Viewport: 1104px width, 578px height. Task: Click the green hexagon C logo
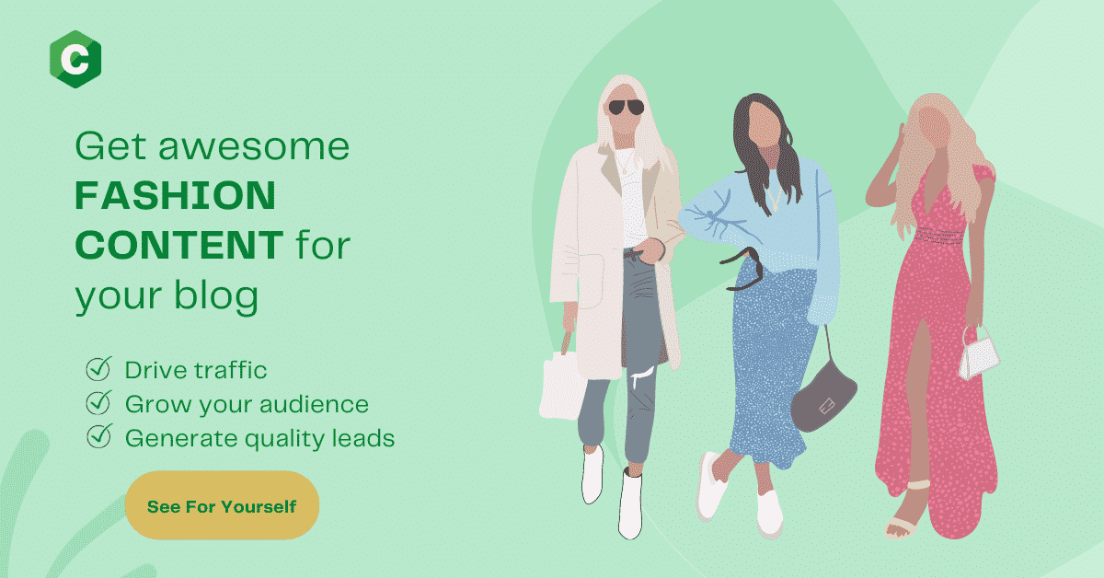[75, 59]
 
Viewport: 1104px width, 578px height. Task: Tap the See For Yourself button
[223, 505]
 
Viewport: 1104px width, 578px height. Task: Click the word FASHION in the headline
[175, 195]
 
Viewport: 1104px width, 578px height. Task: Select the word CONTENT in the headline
[178, 245]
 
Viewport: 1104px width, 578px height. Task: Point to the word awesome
[254, 147]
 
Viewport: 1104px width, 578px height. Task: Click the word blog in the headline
[216, 295]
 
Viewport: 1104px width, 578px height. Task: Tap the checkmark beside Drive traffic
[98, 368]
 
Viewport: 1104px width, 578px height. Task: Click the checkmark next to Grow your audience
[98, 402]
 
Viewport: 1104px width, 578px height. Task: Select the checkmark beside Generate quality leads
[98, 436]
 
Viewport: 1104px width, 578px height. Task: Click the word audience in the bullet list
[314, 404]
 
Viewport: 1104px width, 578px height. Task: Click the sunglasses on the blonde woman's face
[626, 107]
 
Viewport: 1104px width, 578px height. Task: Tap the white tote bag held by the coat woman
[562, 382]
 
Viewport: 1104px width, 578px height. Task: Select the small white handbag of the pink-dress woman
[978, 355]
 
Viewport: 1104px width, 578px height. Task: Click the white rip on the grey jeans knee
[644, 376]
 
